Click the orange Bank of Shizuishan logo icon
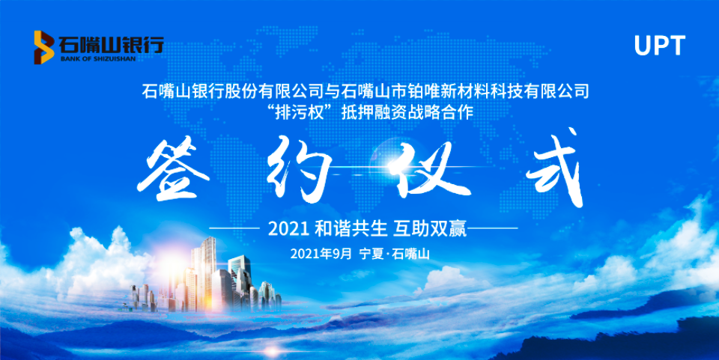pos(44,47)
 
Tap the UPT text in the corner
pos(659,46)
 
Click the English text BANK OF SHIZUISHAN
pos(98,58)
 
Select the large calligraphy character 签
pos(173,171)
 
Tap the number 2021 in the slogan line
pos(288,228)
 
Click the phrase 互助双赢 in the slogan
pos(430,228)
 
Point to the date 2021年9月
pos(321,253)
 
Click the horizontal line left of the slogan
pos(234,228)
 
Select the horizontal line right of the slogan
pos(493,228)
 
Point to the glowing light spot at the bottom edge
pos(273,351)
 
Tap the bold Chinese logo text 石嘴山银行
pos(111,45)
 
